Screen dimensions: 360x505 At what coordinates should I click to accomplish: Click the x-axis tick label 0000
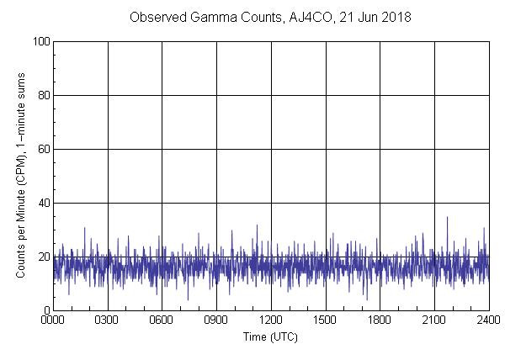tap(53, 320)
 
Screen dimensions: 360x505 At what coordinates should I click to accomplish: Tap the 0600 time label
tap(162, 320)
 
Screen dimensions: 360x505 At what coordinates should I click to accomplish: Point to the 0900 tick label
tap(216, 320)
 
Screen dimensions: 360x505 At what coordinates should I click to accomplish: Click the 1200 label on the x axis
tap(271, 320)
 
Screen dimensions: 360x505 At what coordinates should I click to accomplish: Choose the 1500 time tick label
tap(325, 320)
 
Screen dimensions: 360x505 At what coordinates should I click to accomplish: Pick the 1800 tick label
tap(380, 320)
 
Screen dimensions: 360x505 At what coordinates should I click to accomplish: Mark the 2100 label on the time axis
tap(434, 320)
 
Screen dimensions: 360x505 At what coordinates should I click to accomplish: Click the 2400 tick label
tap(488, 320)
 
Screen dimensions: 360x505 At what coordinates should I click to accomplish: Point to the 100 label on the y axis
tap(40, 41)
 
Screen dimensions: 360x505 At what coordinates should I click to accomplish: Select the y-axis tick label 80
tap(42, 95)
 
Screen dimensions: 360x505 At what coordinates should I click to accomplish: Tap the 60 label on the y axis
tap(42, 149)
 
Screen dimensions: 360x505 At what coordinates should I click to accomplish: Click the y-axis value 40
tap(42, 203)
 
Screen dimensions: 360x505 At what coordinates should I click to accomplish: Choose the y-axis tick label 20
tap(42, 257)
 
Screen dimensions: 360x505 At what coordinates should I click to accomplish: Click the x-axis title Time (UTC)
tap(270, 336)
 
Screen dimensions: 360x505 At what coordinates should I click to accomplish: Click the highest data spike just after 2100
tap(447, 218)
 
